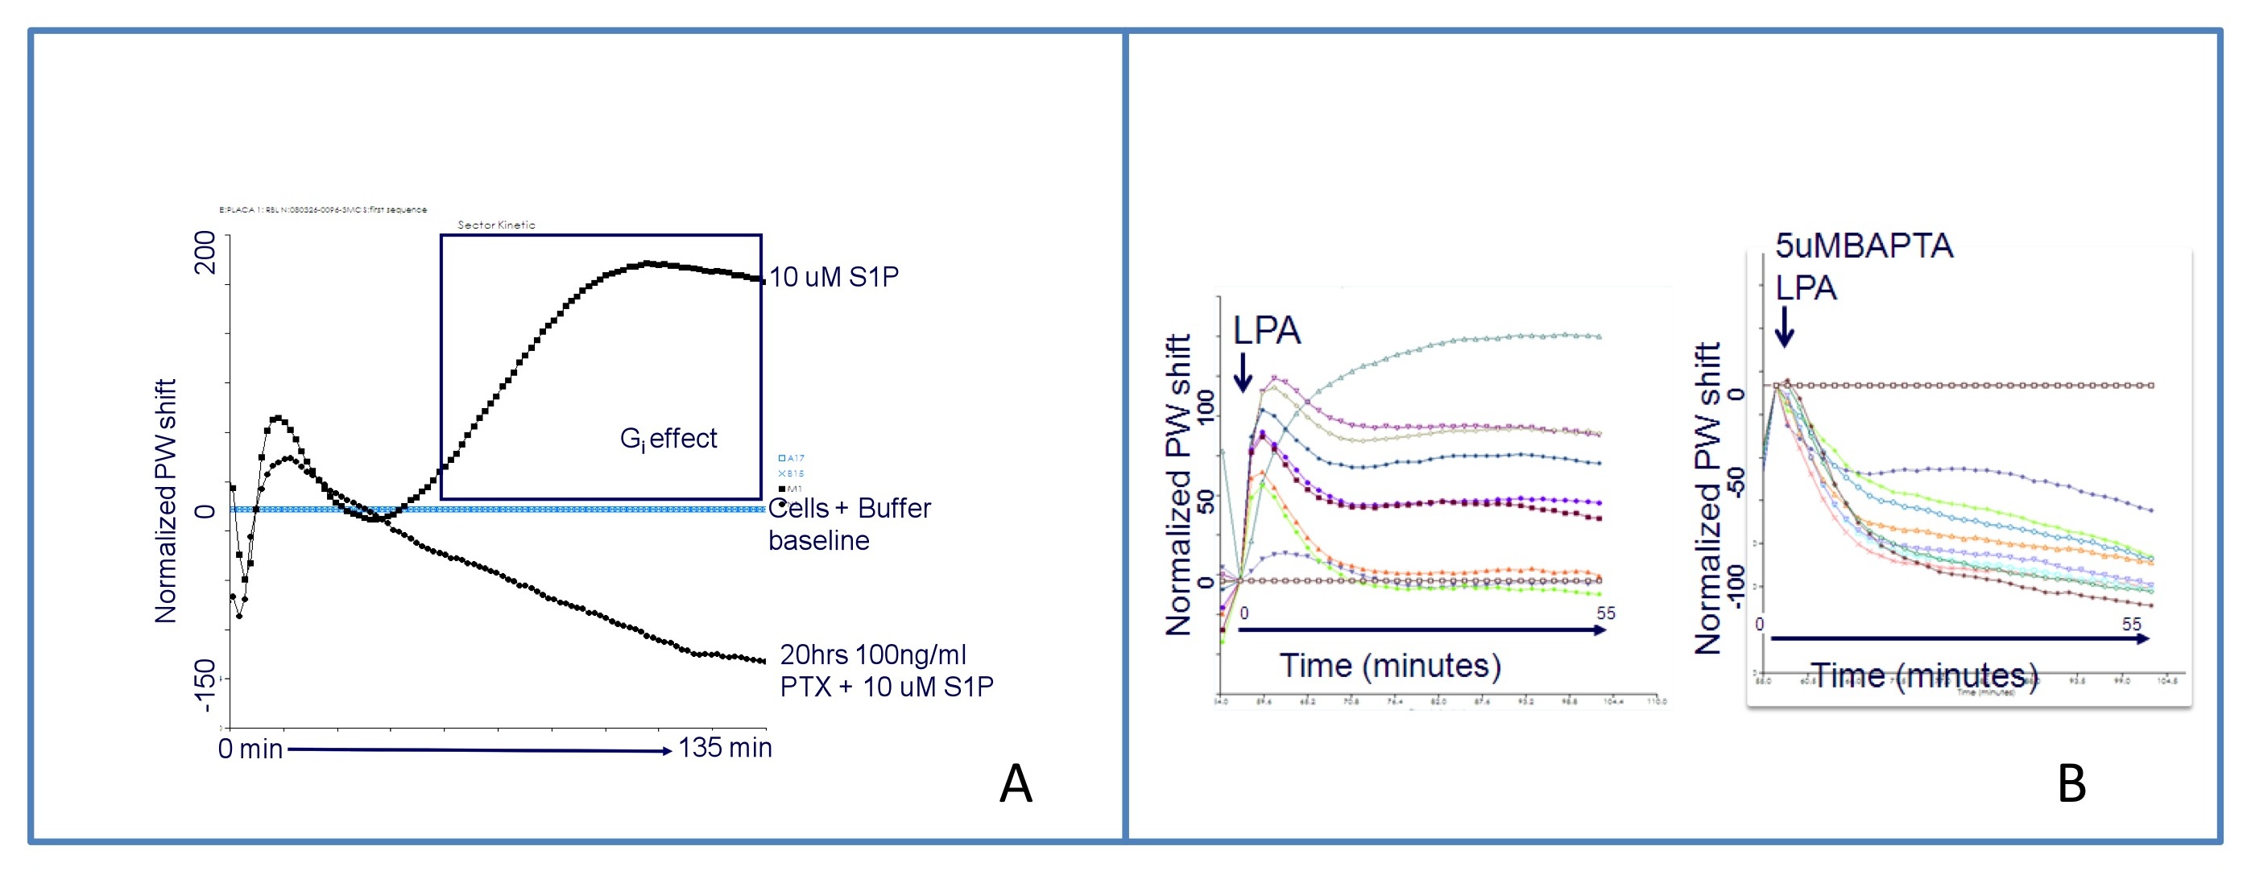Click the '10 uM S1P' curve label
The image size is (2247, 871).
point(834,277)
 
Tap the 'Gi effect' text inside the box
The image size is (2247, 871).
point(668,439)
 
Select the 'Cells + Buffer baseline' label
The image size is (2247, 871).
point(849,524)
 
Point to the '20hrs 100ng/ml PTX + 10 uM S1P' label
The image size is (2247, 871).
point(886,671)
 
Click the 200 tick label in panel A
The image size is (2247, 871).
point(206,252)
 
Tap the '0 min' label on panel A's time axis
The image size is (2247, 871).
point(250,749)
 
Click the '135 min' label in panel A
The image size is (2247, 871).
point(725,747)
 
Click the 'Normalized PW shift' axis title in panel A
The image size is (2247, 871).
point(166,502)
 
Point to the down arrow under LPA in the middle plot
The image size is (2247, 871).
point(1242,371)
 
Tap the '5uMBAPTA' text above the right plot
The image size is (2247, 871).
point(1864,246)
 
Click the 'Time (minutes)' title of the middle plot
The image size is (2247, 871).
point(1390,665)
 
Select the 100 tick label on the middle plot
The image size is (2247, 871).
point(1206,407)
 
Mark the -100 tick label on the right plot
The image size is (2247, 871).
point(1736,586)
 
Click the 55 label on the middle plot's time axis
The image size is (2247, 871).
point(1606,613)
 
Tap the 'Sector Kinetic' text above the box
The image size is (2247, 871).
point(496,225)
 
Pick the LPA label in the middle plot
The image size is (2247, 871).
point(1267,330)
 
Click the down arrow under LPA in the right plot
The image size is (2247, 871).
point(1785,327)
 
